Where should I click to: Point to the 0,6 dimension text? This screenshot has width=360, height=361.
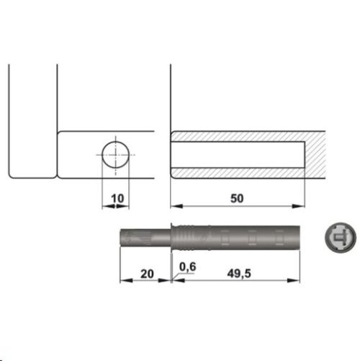[187, 267]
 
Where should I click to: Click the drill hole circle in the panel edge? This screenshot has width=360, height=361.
[115, 155]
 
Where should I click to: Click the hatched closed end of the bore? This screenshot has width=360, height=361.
[318, 155]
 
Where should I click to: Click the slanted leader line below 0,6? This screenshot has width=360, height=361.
[176, 275]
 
